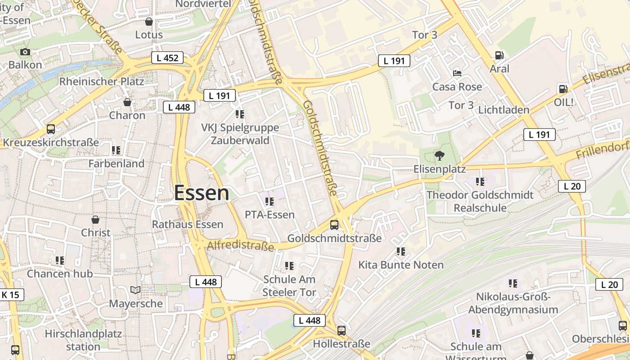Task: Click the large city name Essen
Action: point(202,193)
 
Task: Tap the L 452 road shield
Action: point(167,58)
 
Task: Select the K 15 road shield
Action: point(10,295)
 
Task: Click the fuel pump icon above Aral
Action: point(499,55)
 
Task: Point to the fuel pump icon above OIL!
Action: point(562,89)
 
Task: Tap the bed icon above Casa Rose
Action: point(457,73)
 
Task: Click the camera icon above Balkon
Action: point(25,52)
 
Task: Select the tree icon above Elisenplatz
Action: point(439,156)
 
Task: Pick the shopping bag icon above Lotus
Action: point(149,22)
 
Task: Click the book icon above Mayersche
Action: point(135,290)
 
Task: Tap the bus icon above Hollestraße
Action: point(342,331)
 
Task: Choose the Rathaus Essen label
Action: point(188,224)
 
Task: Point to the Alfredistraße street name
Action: point(240,246)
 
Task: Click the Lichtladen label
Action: point(504,110)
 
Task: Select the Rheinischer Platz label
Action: point(102,81)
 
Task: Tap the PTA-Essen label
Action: point(270,215)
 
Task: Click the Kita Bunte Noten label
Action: point(401,265)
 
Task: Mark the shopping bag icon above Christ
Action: point(95,220)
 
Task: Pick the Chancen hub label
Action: point(60,274)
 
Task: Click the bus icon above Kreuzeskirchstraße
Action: point(51,130)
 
